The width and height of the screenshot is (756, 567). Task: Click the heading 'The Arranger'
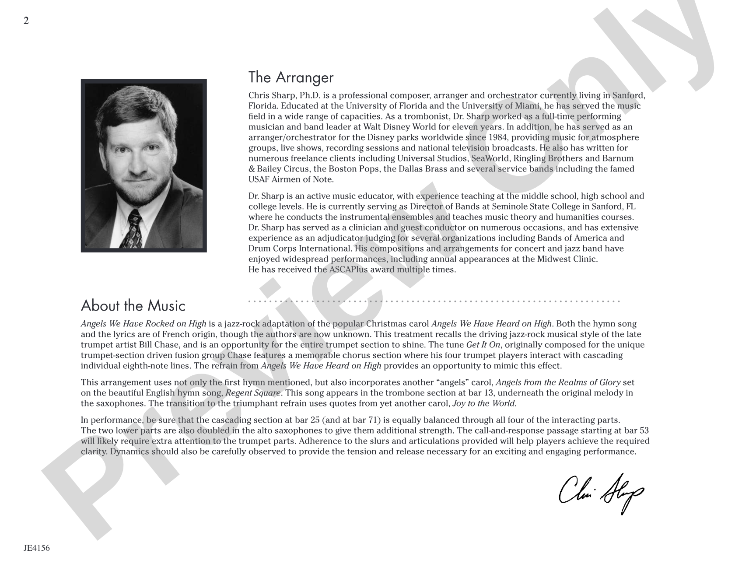(290, 77)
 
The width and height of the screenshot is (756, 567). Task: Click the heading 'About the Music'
(133, 305)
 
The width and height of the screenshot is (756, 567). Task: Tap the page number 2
(26, 21)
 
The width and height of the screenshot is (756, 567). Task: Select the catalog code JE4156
(37, 548)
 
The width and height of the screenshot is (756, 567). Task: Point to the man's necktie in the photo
(134, 229)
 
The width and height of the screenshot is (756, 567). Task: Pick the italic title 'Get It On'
(483, 345)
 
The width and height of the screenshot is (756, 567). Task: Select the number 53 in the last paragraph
(644, 430)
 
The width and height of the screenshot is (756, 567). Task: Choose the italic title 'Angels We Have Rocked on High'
(143, 324)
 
